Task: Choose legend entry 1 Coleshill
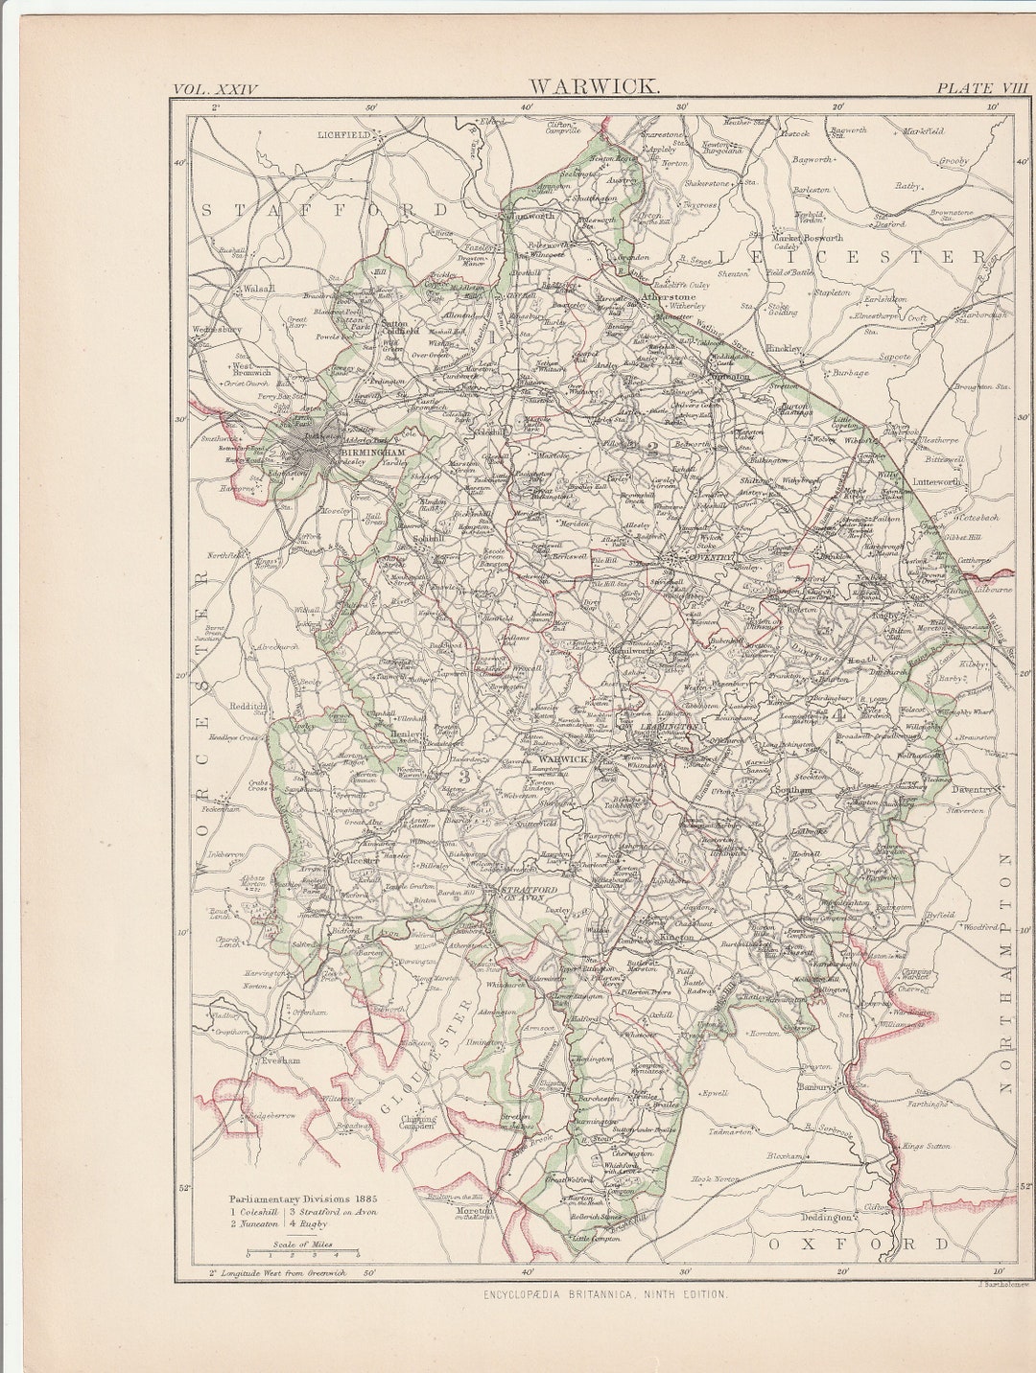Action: [x=252, y=1212]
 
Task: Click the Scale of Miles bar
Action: [x=302, y=1253]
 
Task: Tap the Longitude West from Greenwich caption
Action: [x=279, y=1273]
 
